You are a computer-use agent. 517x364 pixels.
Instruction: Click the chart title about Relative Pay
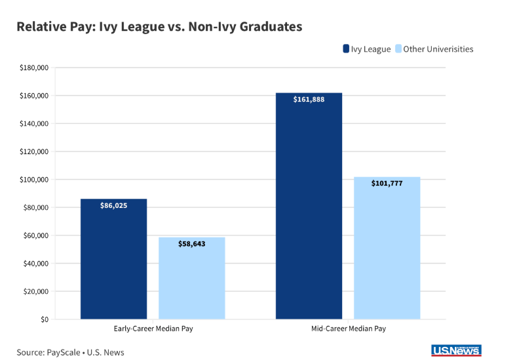pyautogui.click(x=159, y=27)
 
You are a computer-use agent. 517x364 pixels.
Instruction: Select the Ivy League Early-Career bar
pyautogui.click(x=113, y=262)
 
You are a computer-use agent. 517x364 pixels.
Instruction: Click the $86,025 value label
pyautogui.click(x=113, y=205)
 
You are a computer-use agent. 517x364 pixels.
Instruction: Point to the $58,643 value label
pyautogui.click(x=192, y=243)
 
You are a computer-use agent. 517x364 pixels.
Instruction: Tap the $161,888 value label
pyautogui.click(x=309, y=100)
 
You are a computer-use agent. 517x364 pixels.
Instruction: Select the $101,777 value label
pyautogui.click(x=387, y=184)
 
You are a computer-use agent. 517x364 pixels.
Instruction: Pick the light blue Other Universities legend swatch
pyautogui.click(x=398, y=49)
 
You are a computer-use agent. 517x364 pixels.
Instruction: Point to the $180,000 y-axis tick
pyautogui.click(x=34, y=68)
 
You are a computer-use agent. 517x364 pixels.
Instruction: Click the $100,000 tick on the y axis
pyautogui.click(x=34, y=180)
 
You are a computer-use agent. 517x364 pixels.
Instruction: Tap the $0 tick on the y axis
pyautogui.click(x=44, y=319)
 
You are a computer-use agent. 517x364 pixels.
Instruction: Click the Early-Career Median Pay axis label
pyautogui.click(x=153, y=327)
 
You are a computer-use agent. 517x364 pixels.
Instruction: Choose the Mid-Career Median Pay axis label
pyautogui.click(x=347, y=327)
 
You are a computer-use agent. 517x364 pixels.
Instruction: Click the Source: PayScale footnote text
pyautogui.click(x=70, y=352)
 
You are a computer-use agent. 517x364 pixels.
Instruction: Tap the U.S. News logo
pyautogui.click(x=457, y=351)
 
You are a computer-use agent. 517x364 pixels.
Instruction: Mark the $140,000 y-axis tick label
pyautogui.click(x=34, y=123)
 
